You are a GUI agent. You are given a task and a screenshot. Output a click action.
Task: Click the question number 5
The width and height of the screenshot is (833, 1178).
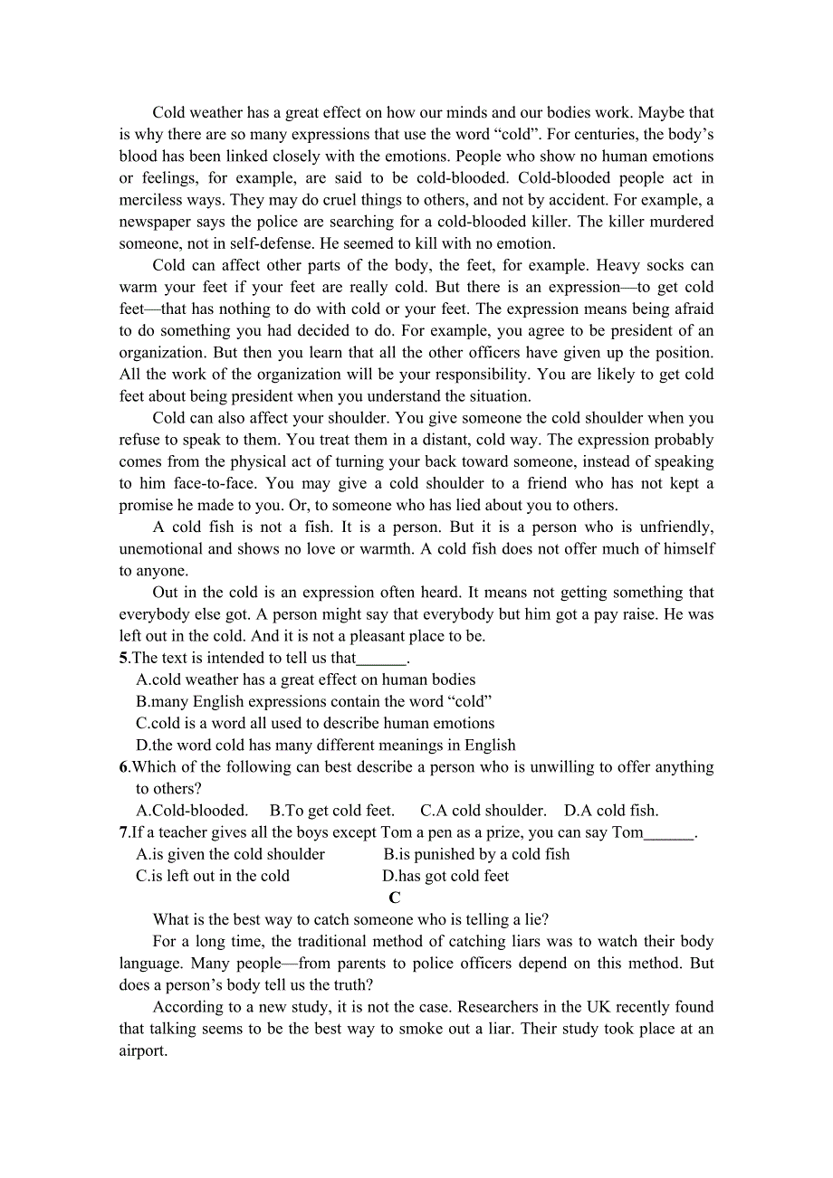coord(123,658)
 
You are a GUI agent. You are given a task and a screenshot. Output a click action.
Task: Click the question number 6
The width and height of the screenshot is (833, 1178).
coord(123,767)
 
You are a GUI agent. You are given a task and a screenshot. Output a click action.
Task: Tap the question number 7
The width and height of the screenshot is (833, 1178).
coord(123,832)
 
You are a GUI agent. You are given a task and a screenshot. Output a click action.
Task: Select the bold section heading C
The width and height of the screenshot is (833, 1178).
coord(395,898)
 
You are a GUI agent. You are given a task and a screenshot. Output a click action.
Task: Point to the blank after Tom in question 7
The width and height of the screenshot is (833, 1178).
coord(669,833)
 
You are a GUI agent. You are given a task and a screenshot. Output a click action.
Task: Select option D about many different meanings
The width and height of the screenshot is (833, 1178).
coord(326,746)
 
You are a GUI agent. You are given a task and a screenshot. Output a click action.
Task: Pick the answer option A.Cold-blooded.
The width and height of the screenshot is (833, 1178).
coord(192,811)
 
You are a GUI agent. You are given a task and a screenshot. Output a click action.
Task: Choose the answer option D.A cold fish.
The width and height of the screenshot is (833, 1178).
coord(611,811)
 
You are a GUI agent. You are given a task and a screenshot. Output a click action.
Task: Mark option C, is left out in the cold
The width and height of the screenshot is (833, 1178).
coord(213,876)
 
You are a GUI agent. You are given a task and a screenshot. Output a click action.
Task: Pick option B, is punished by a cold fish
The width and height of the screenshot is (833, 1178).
coord(476,854)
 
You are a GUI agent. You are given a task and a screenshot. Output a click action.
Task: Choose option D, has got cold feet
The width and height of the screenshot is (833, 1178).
coord(445,876)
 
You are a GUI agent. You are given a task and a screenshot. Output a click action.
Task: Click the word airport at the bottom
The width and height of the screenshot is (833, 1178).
coord(142,1051)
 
